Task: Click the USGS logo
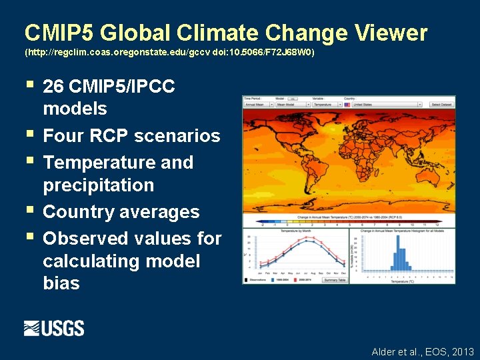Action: (x=54, y=328)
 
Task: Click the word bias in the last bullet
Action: (x=61, y=283)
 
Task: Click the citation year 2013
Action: (x=462, y=351)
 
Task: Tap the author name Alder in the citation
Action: (x=385, y=351)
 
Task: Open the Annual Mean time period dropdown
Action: (x=257, y=105)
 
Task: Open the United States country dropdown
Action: (x=385, y=105)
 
